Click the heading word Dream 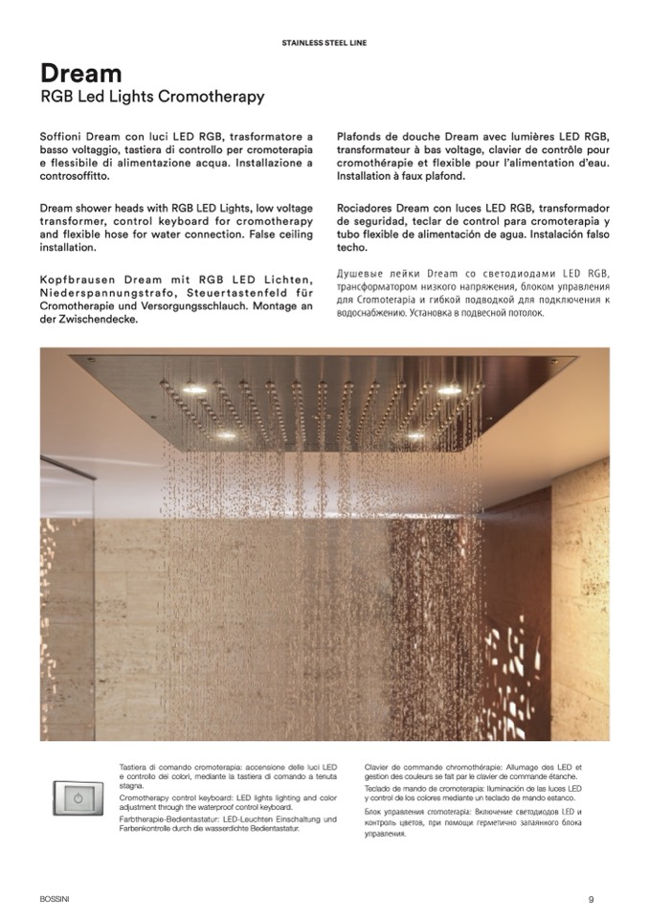click(80, 74)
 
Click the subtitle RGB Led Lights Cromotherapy click(152, 98)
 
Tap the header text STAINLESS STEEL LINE click(324, 43)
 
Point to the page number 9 click(592, 898)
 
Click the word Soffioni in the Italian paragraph click(65, 138)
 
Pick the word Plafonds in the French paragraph click(365, 138)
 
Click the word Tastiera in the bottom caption click(135, 768)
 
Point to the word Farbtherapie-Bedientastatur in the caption click(168, 818)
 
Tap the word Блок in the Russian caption click(374, 812)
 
